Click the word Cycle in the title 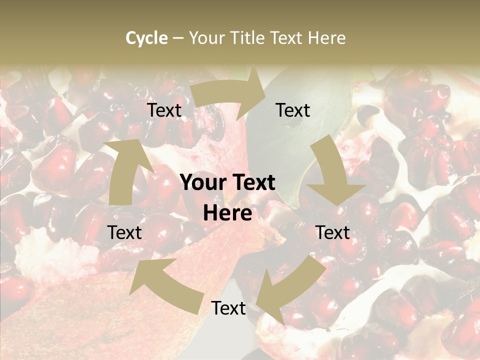pyautogui.click(x=146, y=38)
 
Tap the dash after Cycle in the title pyautogui.click(x=178, y=38)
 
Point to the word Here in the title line pyautogui.click(x=327, y=38)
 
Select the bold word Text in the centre pyautogui.click(x=254, y=183)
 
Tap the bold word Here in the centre pyautogui.click(x=227, y=213)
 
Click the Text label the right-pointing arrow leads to pyautogui.click(x=293, y=110)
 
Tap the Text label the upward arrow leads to pyautogui.click(x=164, y=110)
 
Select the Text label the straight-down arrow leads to pyautogui.click(x=332, y=232)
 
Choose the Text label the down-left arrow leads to pyautogui.click(x=228, y=308)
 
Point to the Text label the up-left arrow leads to pyautogui.click(x=124, y=232)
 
